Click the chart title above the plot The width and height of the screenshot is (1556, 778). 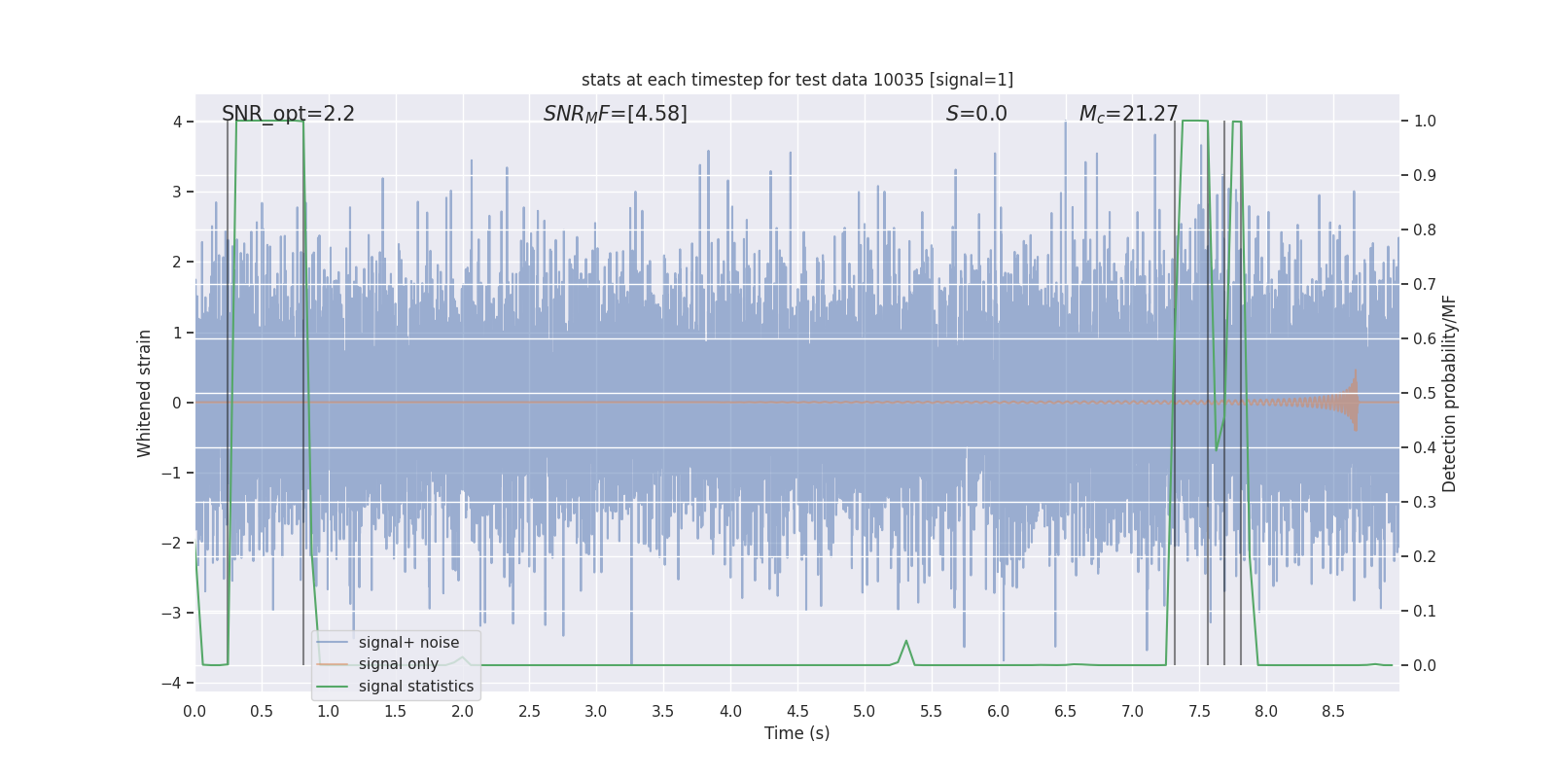796,80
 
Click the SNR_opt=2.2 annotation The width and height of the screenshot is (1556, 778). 288,114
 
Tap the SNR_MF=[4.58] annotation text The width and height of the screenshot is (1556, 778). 615,114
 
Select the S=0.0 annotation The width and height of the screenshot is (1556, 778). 976,114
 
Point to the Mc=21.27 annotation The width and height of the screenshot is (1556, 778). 1128,114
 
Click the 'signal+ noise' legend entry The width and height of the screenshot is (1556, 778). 408,643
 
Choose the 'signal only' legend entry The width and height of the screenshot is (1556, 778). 398,664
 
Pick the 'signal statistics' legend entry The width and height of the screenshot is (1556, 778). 415,687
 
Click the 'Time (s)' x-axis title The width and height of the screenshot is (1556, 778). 796,733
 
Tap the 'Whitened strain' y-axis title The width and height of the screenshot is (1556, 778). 145,393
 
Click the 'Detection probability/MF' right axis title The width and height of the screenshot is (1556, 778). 1449,393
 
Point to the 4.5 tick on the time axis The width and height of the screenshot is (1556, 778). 797,711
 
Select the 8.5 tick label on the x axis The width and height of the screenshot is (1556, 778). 1332,711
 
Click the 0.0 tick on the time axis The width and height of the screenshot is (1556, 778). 194,711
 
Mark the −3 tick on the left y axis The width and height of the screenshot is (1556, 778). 175,613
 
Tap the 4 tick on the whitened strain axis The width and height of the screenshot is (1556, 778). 178,122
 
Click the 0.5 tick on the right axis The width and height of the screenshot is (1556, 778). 1425,393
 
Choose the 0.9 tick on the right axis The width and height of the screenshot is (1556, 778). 1425,175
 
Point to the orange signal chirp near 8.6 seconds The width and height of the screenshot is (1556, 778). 1350,401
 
